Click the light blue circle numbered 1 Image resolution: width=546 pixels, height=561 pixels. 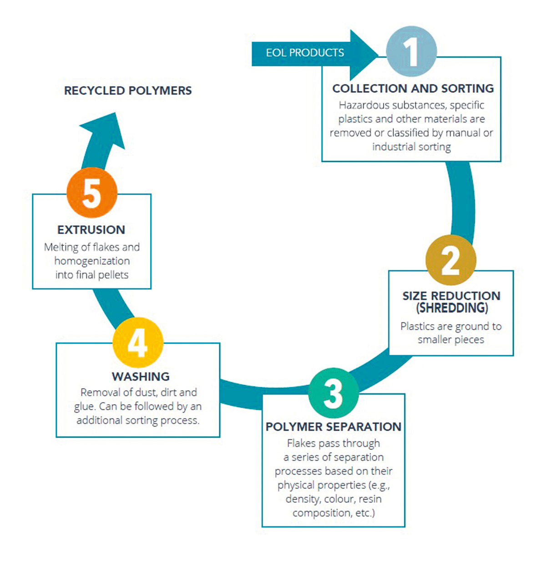tap(411, 51)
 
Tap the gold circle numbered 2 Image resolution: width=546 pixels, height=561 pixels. tap(450, 260)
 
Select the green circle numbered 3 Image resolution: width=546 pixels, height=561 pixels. tap(333, 393)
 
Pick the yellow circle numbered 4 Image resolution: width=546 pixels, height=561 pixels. tap(137, 342)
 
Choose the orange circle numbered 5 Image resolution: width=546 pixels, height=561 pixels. tap(92, 193)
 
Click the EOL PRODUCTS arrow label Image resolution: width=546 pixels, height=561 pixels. tap(305, 53)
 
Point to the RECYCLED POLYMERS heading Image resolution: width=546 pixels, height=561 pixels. tap(128, 91)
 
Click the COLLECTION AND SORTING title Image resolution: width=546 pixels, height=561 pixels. tap(413, 88)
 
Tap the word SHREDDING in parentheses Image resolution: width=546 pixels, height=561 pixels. tap(452, 308)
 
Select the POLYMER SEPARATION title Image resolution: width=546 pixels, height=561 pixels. tap(334, 427)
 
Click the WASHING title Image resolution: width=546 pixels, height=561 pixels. tap(141, 377)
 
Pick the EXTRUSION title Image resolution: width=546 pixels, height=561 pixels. tap(91, 229)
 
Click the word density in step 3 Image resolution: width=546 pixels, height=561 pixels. tap(303, 499)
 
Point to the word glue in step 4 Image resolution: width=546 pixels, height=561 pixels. tap(84, 406)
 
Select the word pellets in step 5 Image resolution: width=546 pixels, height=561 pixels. tap(114, 275)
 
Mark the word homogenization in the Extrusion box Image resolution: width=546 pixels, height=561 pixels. tap(92, 261)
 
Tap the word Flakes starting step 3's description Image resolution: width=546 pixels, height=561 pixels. tap(301, 443)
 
